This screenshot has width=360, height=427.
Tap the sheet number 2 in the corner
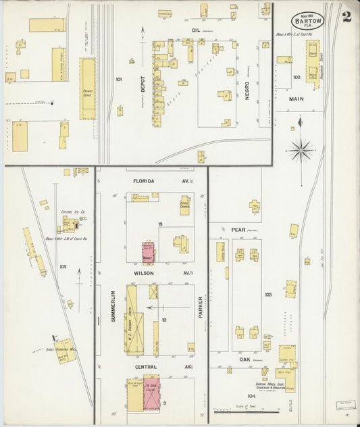(x=346, y=17)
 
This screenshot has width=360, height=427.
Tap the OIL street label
(x=197, y=30)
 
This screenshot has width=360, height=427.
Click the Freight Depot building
(x=88, y=88)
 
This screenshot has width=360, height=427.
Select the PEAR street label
(x=238, y=230)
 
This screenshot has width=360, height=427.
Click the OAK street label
(x=245, y=360)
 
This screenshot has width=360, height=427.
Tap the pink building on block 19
(x=148, y=251)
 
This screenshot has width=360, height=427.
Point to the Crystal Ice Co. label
(x=71, y=211)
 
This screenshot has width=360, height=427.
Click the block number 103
(x=268, y=295)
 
